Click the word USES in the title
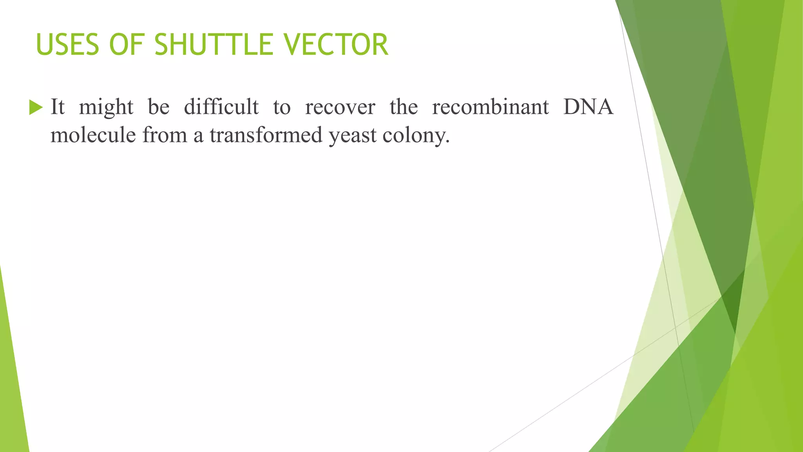(67, 45)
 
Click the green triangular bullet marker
(36, 107)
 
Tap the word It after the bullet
(58, 107)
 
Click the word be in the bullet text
(159, 107)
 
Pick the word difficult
(222, 107)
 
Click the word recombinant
(490, 107)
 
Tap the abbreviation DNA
(588, 107)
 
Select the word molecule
(93, 135)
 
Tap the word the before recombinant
(404, 107)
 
